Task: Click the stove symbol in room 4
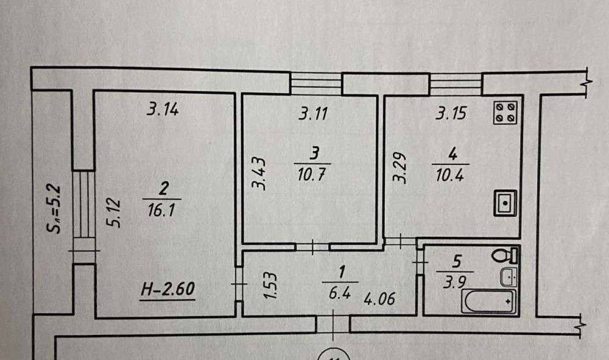(x=505, y=113)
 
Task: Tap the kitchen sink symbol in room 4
(x=505, y=203)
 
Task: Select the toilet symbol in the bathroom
(x=505, y=256)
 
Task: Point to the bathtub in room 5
(x=489, y=302)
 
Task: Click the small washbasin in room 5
(x=509, y=277)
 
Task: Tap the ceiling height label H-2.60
(x=167, y=289)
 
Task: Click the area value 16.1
(x=161, y=210)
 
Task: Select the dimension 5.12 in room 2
(x=113, y=213)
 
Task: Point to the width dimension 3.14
(x=163, y=109)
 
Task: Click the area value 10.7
(x=311, y=174)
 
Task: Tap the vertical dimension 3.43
(x=259, y=173)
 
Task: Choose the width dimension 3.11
(x=313, y=113)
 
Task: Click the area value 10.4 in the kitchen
(x=450, y=175)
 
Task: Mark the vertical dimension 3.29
(x=400, y=167)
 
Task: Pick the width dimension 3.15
(x=451, y=113)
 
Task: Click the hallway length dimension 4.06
(x=379, y=298)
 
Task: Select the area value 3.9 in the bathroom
(x=454, y=281)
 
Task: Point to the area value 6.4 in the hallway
(x=339, y=293)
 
